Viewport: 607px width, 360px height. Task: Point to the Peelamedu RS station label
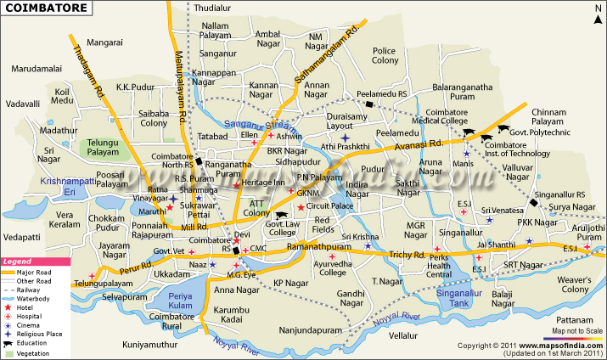(382, 93)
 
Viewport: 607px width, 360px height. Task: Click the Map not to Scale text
(576, 329)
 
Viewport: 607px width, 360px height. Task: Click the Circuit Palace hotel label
(329, 205)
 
